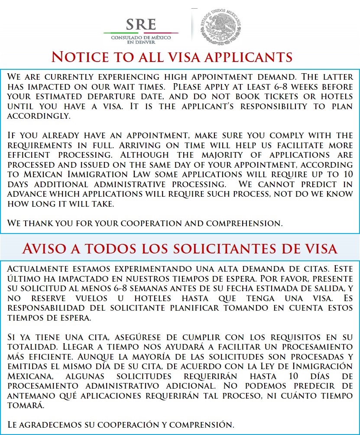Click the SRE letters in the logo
click(x=140, y=25)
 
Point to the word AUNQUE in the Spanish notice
click(x=104, y=357)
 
